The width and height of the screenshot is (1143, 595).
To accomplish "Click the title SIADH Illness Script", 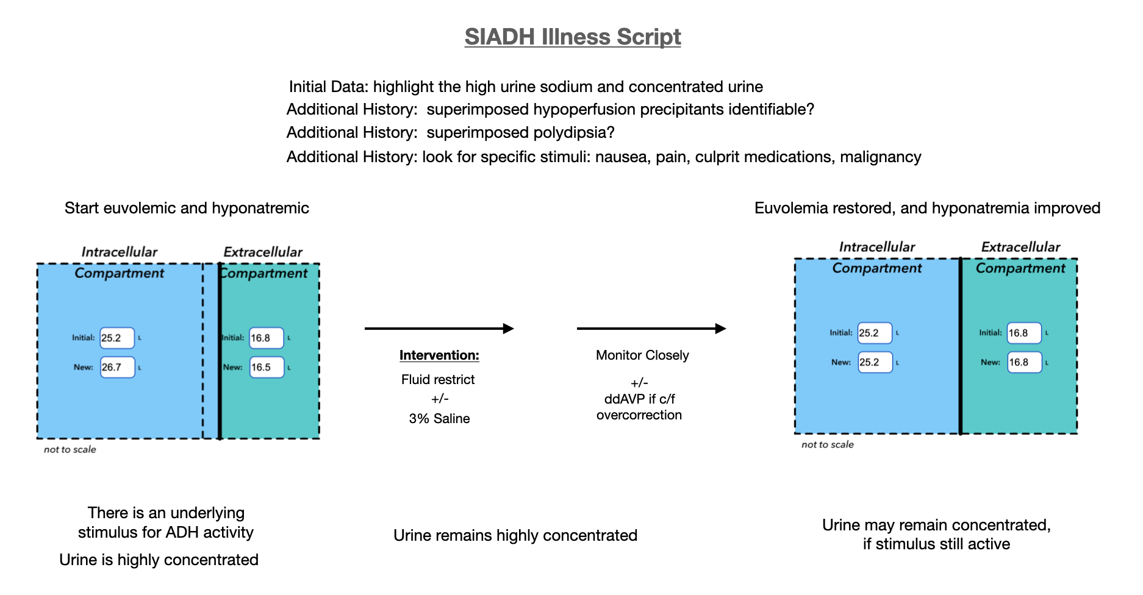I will pyautogui.click(x=572, y=37).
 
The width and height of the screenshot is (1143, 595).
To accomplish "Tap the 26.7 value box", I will pyautogui.click(x=117, y=368).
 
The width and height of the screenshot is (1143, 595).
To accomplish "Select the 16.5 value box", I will pyautogui.click(x=267, y=368).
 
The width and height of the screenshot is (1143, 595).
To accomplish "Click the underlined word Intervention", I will pyautogui.click(x=439, y=355).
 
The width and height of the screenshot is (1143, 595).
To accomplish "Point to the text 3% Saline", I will pyautogui.click(x=439, y=419).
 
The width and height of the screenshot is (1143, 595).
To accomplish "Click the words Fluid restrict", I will pyautogui.click(x=437, y=380).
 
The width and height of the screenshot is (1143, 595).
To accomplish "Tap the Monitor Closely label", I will pyautogui.click(x=642, y=355).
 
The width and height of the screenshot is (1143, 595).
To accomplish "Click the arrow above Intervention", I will pyautogui.click(x=439, y=329).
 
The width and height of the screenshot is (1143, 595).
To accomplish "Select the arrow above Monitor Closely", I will pyautogui.click(x=651, y=329).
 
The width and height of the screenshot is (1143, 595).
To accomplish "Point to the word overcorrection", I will pyautogui.click(x=639, y=415).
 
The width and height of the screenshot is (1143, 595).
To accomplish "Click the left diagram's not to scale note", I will pyautogui.click(x=70, y=450).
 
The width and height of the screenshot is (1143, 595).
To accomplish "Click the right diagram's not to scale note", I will pyautogui.click(x=827, y=445).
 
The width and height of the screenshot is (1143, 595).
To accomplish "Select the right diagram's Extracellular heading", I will pyautogui.click(x=1020, y=248).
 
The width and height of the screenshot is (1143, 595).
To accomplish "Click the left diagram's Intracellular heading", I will pyautogui.click(x=119, y=252).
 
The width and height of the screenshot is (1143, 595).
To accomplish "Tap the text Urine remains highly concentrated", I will pyautogui.click(x=515, y=536).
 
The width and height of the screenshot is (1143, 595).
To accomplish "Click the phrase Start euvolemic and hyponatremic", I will pyautogui.click(x=187, y=208).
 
